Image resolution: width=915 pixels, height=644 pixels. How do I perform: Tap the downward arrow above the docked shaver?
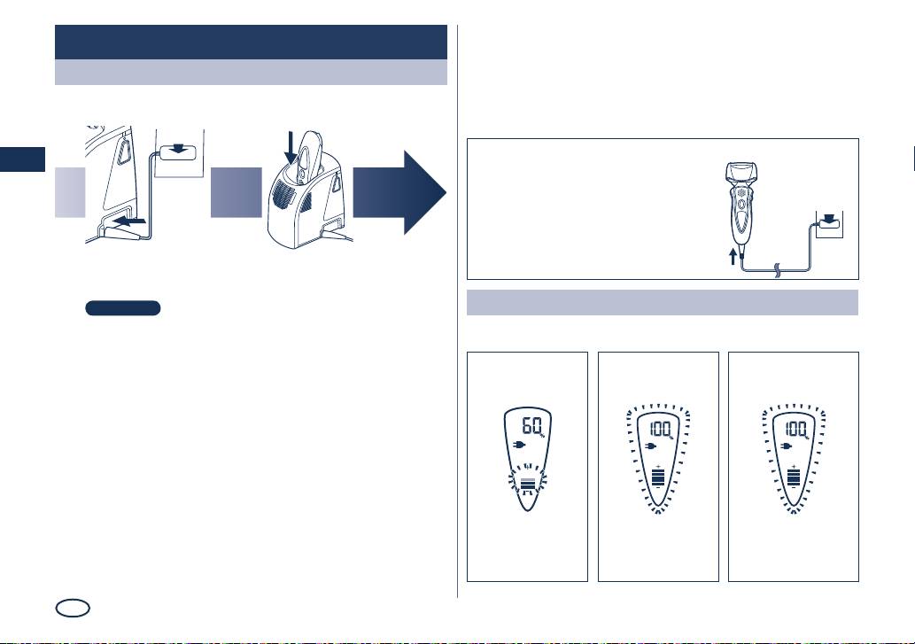pos(291,148)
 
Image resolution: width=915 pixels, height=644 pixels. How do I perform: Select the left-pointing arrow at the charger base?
pos(129,221)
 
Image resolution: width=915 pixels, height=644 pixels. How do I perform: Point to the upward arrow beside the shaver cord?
pos(733,257)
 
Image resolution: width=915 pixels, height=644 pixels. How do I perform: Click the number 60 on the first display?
pos(531,426)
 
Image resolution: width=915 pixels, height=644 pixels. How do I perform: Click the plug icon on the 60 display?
pos(519,445)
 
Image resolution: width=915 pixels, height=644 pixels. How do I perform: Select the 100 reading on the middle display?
pos(661,430)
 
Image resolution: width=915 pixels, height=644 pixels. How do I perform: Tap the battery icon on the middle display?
pos(658,477)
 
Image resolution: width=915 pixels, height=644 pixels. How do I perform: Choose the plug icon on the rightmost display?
pos(786,446)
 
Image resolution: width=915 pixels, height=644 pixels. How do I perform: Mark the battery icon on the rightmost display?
pos(794,477)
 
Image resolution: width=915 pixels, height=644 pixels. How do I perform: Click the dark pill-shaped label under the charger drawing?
pos(122,308)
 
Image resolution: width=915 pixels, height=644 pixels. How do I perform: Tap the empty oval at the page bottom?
pos(73,608)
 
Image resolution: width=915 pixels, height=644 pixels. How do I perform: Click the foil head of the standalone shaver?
pos(741,173)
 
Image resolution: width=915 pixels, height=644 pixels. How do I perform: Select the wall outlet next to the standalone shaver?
pos(829,225)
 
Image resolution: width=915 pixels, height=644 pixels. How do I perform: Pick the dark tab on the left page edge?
pos(22,159)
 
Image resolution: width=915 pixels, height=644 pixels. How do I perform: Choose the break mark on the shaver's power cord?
pos(778,270)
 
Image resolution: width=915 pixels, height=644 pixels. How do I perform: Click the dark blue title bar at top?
pos(251,42)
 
